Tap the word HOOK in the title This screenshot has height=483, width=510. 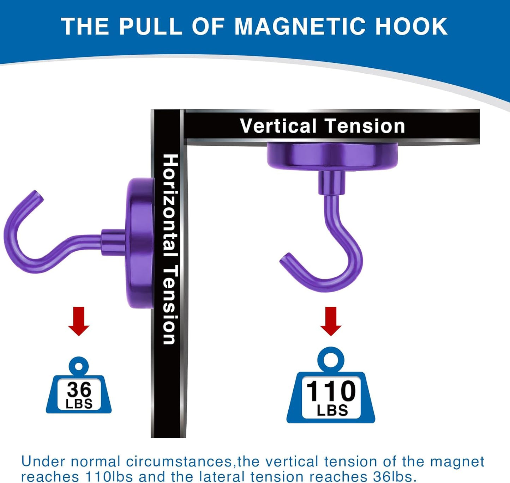412,26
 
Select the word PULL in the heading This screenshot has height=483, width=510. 150,26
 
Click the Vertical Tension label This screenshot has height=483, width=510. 322,126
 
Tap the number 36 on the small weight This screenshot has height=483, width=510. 79,389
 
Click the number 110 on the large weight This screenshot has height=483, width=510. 331,391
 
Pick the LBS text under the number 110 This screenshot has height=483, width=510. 332,410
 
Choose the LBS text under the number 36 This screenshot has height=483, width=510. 79,404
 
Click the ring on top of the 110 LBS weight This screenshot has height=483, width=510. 331,360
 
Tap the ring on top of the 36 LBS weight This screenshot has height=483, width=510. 79,367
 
